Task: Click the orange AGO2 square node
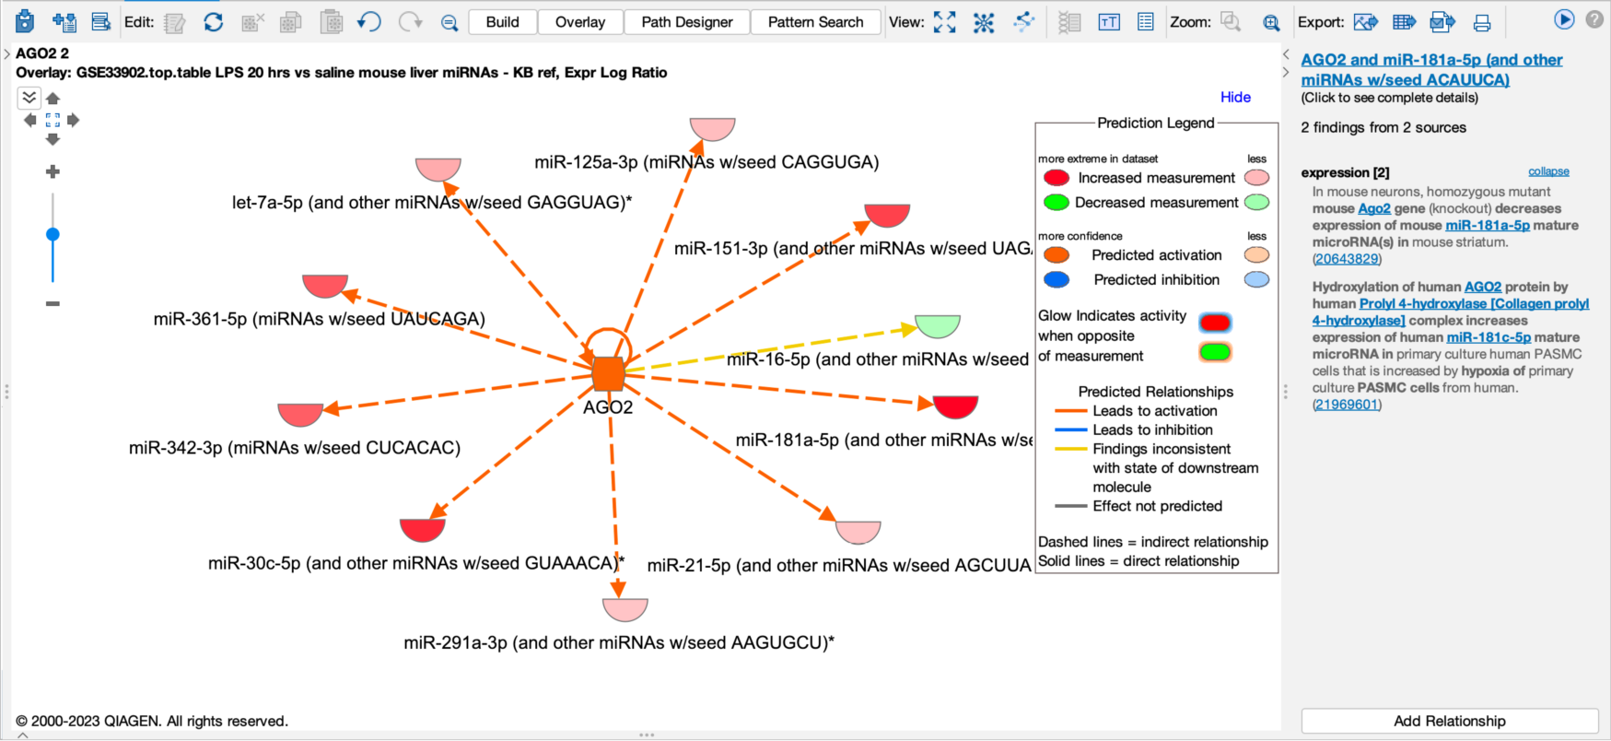click(608, 374)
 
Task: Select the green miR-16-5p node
click(938, 324)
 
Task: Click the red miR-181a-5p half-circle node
click(955, 405)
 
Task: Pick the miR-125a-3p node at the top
click(713, 127)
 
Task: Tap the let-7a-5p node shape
click(438, 168)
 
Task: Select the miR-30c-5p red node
click(423, 529)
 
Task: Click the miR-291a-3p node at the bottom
click(625, 608)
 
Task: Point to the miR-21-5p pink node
click(858, 531)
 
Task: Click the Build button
click(503, 22)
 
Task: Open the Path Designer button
click(687, 22)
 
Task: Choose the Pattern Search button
click(816, 22)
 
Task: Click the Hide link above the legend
click(1235, 97)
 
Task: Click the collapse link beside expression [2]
click(1548, 171)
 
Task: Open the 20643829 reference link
click(1347, 259)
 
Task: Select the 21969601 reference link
click(1348, 405)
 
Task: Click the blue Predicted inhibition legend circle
click(1056, 279)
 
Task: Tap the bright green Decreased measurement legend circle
click(1056, 202)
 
